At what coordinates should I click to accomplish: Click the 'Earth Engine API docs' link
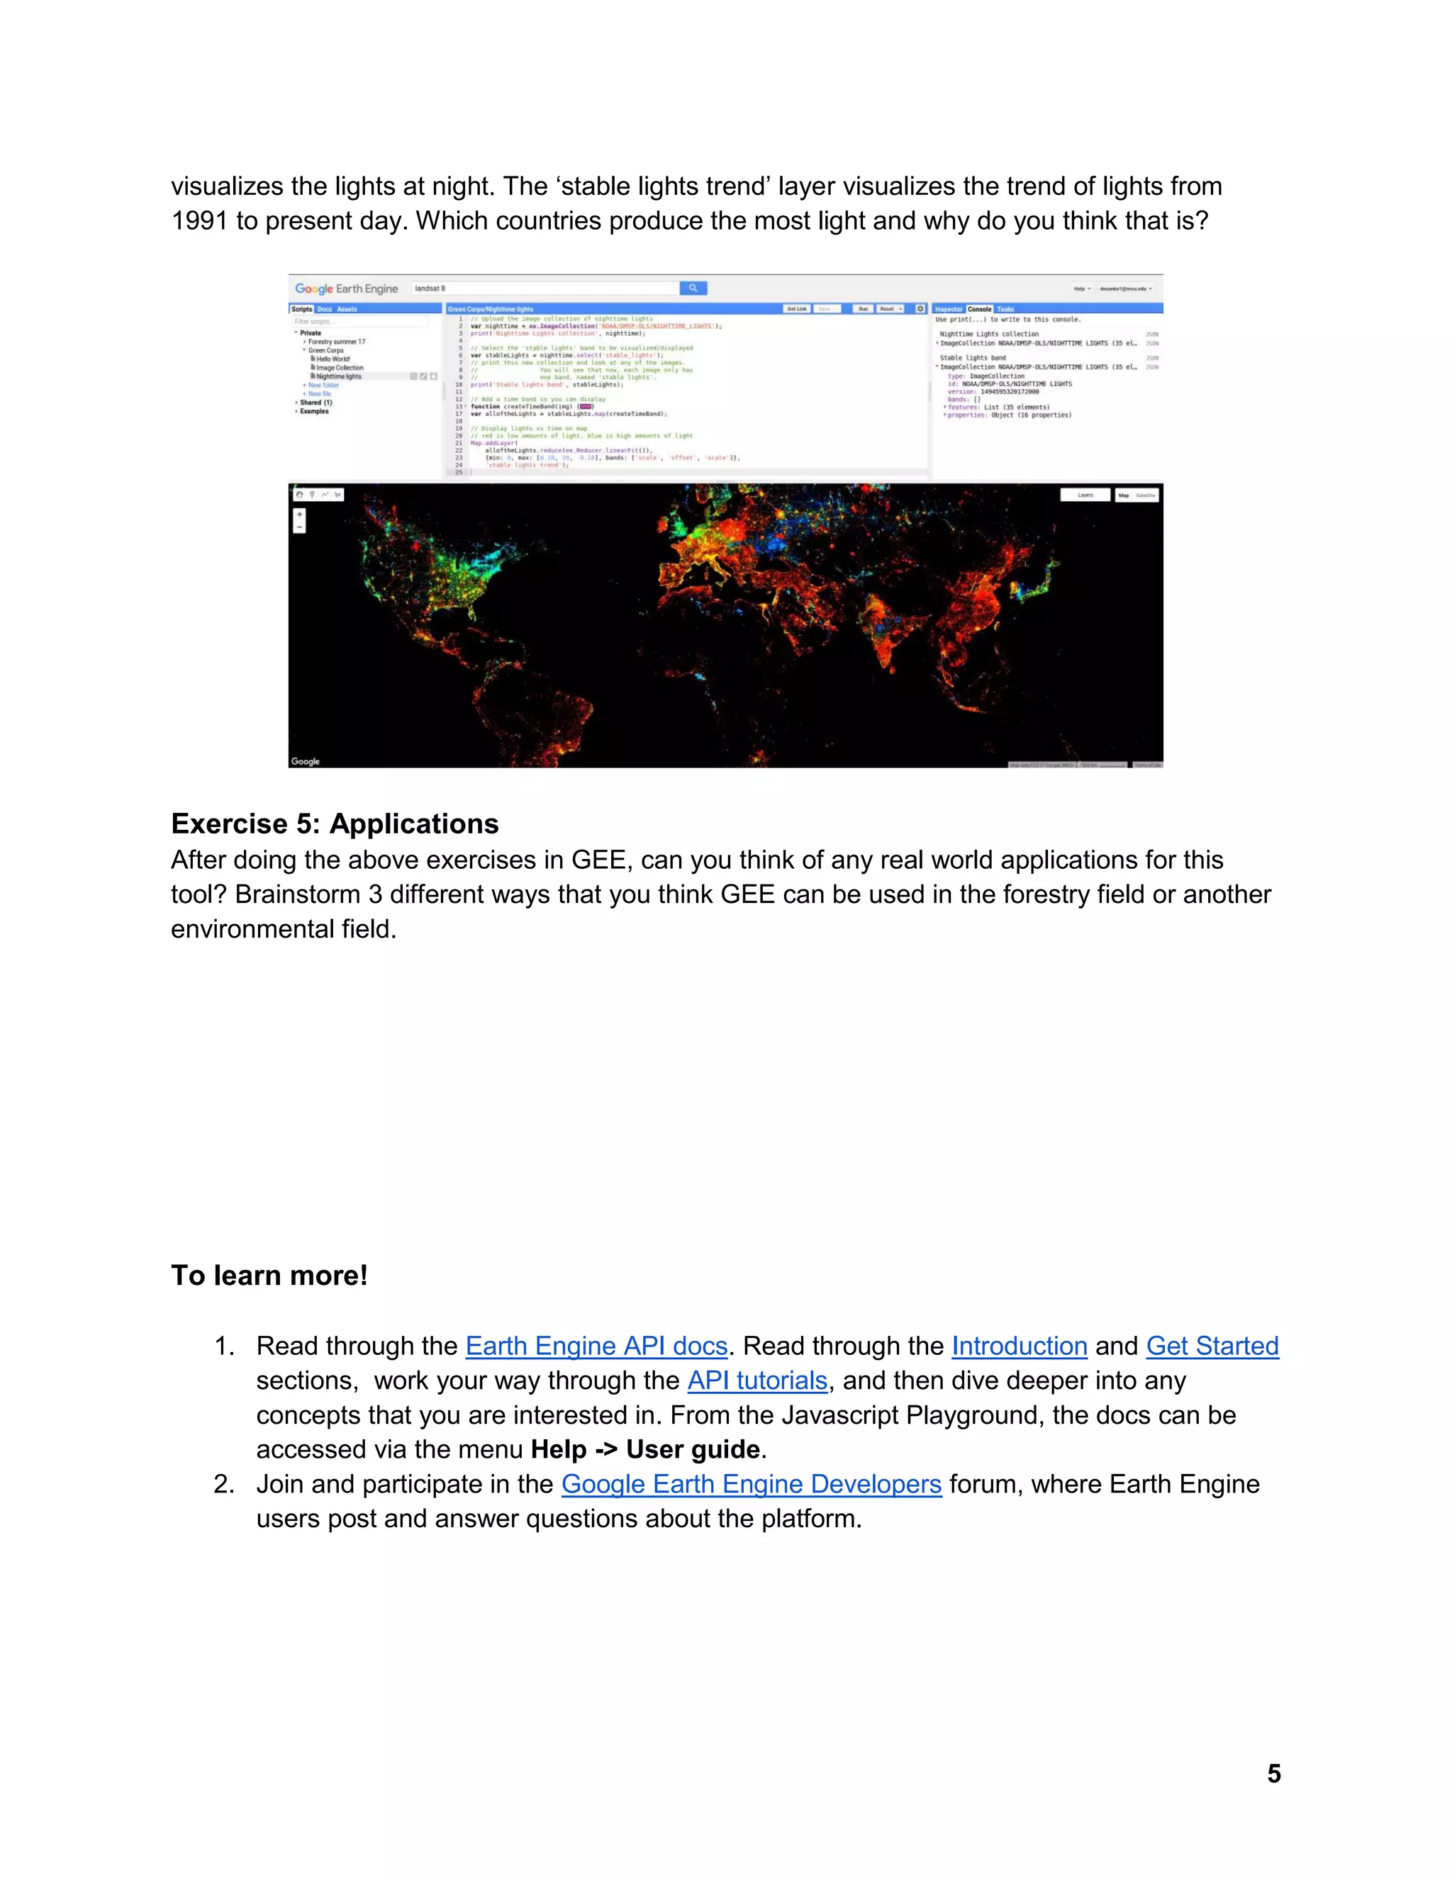pyautogui.click(x=596, y=1346)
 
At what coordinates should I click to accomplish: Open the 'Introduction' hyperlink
pyautogui.click(x=1019, y=1346)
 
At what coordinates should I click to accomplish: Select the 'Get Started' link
pyautogui.click(x=1211, y=1346)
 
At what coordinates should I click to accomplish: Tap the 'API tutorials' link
pyautogui.click(x=757, y=1380)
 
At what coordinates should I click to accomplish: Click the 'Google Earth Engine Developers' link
pyautogui.click(x=751, y=1484)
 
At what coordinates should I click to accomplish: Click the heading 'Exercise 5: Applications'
pyautogui.click(x=335, y=823)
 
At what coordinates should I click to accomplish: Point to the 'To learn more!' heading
pyautogui.click(x=269, y=1275)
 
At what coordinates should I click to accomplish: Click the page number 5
pyautogui.click(x=1273, y=1773)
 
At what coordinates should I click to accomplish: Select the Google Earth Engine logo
pyautogui.click(x=346, y=289)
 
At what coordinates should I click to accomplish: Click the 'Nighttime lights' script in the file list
pyautogui.click(x=339, y=376)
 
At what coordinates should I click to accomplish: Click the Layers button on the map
pyautogui.click(x=1085, y=495)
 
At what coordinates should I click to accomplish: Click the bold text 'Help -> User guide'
pyautogui.click(x=645, y=1450)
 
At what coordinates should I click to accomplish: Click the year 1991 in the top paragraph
pyautogui.click(x=199, y=221)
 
